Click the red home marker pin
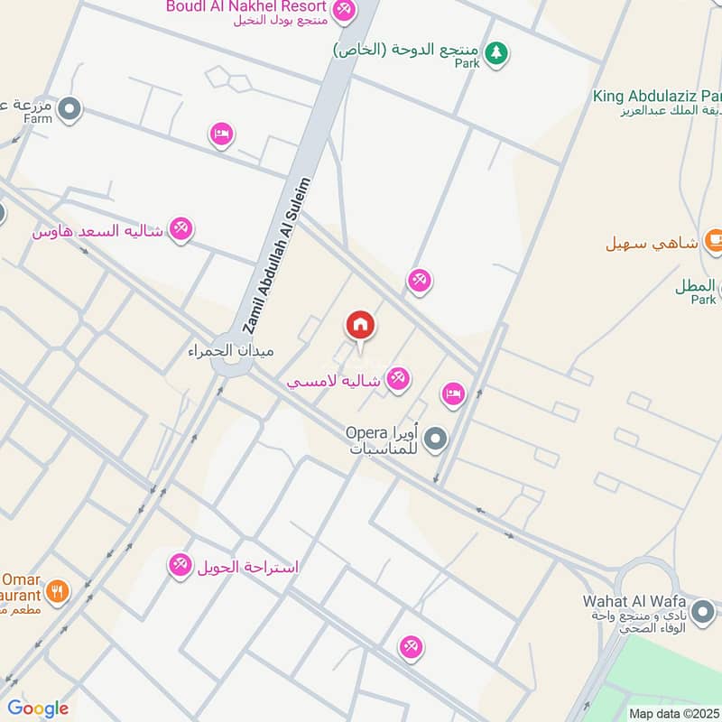[x=359, y=325]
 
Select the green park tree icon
[x=495, y=52]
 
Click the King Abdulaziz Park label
[x=658, y=96]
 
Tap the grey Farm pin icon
[x=69, y=110]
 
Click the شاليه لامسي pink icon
[x=397, y=377]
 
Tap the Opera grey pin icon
[x=436, y=440]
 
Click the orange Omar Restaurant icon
[x=57, y=592]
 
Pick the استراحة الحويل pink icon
[x=180, y=566]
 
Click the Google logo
[x=37, y=708]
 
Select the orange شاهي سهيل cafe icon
[x=713, y=241]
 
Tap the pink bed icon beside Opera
[x=453, y=393]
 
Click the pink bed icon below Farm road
[x=221, y=135]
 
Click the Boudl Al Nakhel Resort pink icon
[x=344, y=11]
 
